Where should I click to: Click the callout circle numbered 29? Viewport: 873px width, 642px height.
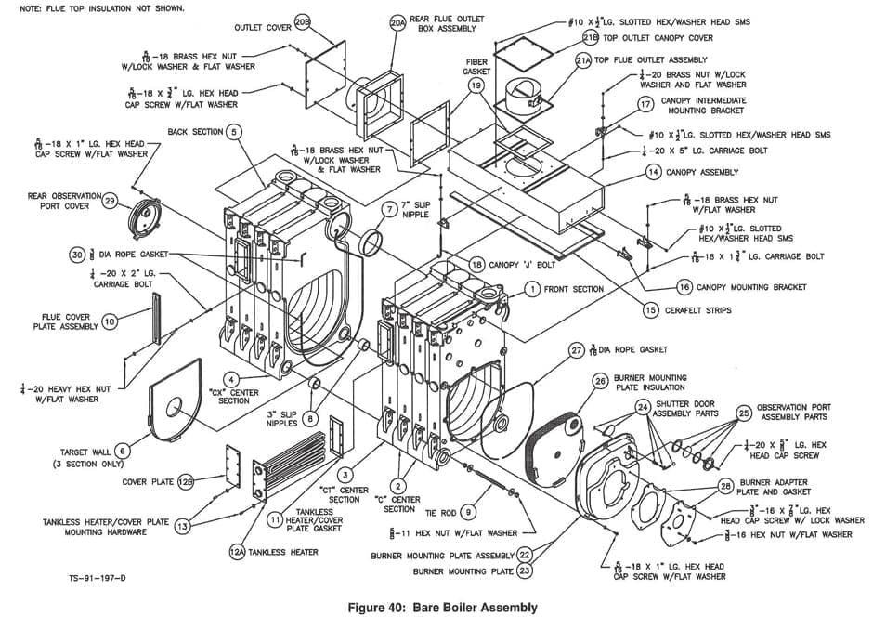pyautogui.click(x=109, y=201)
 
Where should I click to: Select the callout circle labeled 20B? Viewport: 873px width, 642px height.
pyautogui.click(x=302, y=20)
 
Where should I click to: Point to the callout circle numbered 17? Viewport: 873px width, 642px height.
pyautogui.click(x=646, y=105)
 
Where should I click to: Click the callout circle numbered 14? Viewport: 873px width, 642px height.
pyautogui.click(x=654, y=172)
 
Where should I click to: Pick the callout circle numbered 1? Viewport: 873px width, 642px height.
pyautogui.click(x=531, y=289)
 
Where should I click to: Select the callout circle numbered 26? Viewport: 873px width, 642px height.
pyautogui.click(x=600, y=380)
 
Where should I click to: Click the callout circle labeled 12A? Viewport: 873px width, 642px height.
pyautogui.click(x=237, y=552)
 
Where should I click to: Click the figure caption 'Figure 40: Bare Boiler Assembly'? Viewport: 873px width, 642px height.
pyautogui.click(x=441, y=608)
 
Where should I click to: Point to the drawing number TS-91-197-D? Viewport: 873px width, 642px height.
pyautogui.click(x=97, y=578)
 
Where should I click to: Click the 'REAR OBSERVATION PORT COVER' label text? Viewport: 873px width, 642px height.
pyautogui.click(x=58, y=201)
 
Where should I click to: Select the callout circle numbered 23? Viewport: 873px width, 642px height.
pyautogui.click(x=525, y=571)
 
